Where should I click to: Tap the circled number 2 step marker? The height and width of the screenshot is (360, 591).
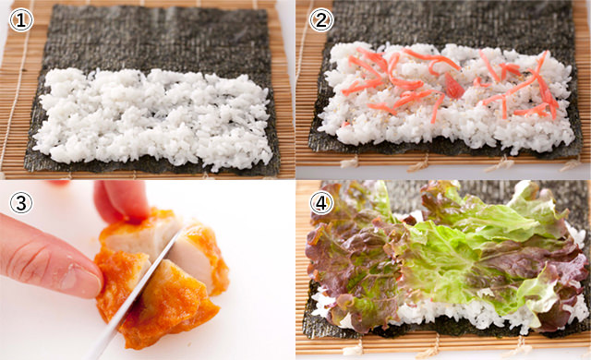point(320,18)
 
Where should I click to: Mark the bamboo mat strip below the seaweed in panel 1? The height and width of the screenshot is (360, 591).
point(148,172)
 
